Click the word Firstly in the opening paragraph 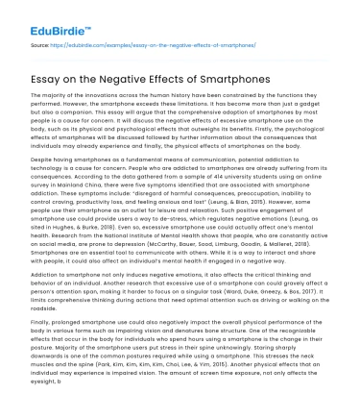click(228, 134)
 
